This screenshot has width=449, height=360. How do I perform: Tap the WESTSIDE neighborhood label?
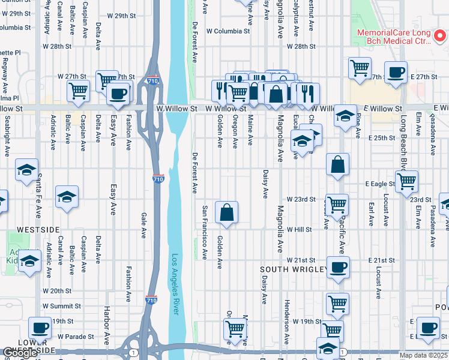point(38,230)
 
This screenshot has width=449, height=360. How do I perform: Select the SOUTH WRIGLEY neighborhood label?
point(293,270)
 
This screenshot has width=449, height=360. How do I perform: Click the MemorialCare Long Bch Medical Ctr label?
point(394,37)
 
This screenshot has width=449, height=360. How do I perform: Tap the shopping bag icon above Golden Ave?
point(227,213)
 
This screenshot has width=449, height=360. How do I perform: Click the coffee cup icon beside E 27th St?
point(396,73)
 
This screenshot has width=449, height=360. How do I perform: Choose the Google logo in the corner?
point(20,353)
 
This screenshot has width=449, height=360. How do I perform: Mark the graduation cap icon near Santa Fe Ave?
point(27,170)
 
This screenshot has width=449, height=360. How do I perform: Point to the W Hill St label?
point(299,230)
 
